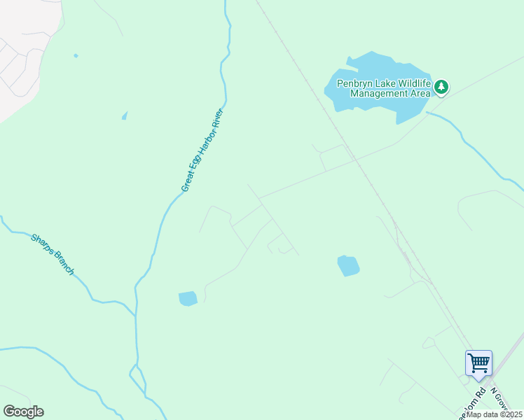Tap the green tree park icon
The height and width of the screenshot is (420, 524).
(441, 87)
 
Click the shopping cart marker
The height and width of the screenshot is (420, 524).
(478, 363)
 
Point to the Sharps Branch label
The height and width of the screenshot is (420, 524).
(53, 254)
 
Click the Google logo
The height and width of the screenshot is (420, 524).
(23, 412)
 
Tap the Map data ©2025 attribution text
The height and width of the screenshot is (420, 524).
(494, 414)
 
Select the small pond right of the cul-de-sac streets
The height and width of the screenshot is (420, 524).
(348, 265)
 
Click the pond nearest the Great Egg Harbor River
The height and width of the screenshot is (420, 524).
(188, 298)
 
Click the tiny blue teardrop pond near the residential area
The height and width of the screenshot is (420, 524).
(125, 115)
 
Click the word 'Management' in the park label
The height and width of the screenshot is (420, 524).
(378, 93)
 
